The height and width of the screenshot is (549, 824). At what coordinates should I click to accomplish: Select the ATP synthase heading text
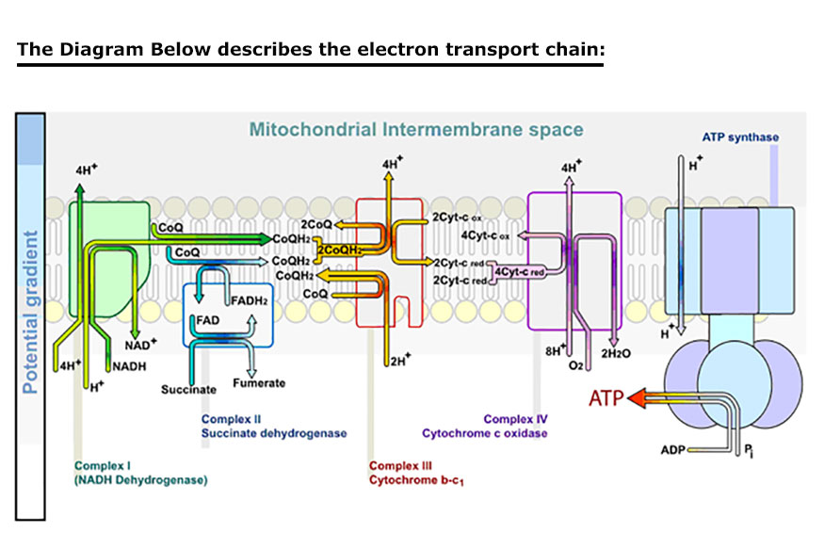tap(740, 137)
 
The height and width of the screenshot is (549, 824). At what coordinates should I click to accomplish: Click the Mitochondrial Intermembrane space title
tap(416, 129)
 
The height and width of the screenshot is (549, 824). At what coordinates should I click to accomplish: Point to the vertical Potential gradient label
tap(30, 312)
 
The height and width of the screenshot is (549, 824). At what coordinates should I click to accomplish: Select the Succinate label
tap(188, 389)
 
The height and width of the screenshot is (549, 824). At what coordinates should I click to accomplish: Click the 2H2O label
tap(616, 353)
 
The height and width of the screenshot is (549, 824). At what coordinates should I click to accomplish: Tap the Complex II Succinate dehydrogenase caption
tap(274, 427)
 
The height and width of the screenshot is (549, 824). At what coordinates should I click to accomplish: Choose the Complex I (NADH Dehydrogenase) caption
tap(140, 473)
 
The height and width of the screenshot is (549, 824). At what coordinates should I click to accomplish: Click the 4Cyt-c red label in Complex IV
tap(520, 271)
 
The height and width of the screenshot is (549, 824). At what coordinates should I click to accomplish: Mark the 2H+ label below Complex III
tap(400, 359)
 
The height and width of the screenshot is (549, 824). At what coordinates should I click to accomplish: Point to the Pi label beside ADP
tap(748, 453)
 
